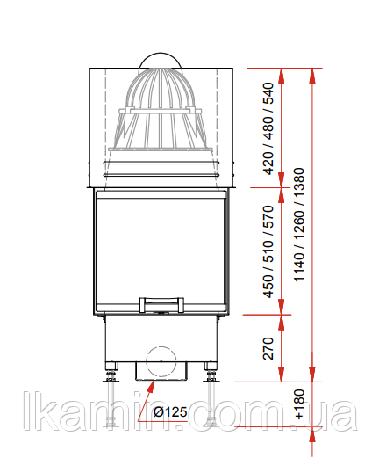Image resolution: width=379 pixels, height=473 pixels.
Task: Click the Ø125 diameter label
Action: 170,411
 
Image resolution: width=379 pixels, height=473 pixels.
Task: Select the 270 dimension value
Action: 268,349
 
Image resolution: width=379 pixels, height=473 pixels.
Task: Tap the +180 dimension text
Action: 300,404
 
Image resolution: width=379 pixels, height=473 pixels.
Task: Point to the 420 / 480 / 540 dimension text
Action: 268,129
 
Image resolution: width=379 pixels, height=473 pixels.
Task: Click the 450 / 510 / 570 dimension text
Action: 268,251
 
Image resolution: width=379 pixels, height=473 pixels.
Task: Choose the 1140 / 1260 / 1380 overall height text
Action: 299,225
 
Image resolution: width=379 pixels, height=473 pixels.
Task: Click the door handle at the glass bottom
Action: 161,305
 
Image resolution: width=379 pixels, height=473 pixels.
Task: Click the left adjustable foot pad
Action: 111,380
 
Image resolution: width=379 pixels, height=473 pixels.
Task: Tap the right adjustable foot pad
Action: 211,380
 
